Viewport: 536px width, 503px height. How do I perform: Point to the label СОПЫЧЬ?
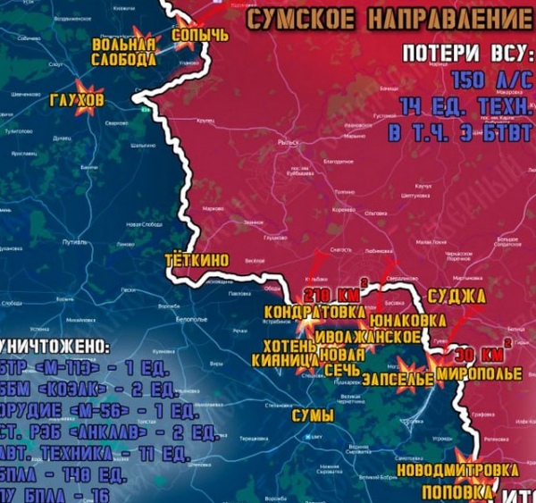pos(200,35)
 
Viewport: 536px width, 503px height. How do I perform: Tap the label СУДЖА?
pos(456,295)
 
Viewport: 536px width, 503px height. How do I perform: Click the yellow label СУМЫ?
pos(313,415)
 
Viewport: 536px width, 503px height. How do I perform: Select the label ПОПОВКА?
pos(456,492)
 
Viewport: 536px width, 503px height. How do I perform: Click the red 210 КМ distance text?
pos(331,295)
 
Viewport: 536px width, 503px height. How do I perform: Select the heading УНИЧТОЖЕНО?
pos(54,345)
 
